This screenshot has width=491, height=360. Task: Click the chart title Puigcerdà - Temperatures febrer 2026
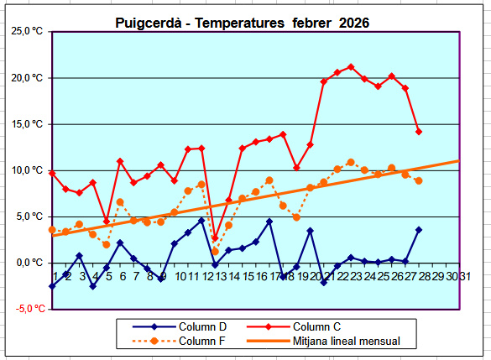[x=243, y=23]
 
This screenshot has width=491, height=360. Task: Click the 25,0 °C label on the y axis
[x=27, y=31]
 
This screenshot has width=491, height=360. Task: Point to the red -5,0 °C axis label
[x=31, y=309]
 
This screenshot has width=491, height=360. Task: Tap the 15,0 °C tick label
[x=27, y=124]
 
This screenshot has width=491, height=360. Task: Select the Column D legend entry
[x=180, y=326]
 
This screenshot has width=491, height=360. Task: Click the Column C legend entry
[x=294, y=326]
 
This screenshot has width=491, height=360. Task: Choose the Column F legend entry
[x=179, y=341]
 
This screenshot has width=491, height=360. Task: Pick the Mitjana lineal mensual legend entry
[x=323, y=341]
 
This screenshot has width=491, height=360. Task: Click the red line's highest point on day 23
[x=351, y=67]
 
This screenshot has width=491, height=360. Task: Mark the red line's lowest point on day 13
[x=215, y=238]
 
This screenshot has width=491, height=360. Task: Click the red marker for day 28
[x=419, y=132]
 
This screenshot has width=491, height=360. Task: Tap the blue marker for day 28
[x=419, y=230]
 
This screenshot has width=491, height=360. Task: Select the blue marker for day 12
[x=201, y=221]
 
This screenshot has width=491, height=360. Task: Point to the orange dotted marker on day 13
[x=215, y=252]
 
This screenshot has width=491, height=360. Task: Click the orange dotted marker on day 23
[x=351, y=162]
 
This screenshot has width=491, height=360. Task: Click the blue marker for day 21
[x=324, y=282]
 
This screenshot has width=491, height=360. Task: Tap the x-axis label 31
[x=465, y=276]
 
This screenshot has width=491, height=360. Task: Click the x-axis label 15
[x=248, y=276]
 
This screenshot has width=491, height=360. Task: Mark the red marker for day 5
[x=107, y=222]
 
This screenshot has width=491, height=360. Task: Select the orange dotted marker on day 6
[x=120, y=202]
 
